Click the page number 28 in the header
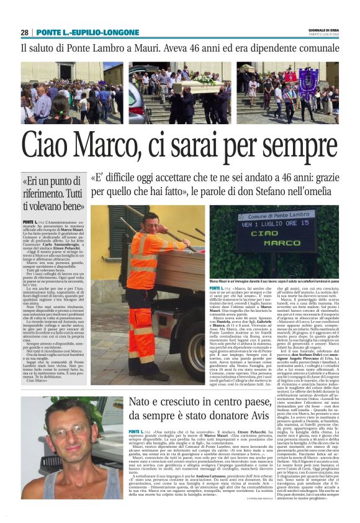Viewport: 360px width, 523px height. pos(25,32)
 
